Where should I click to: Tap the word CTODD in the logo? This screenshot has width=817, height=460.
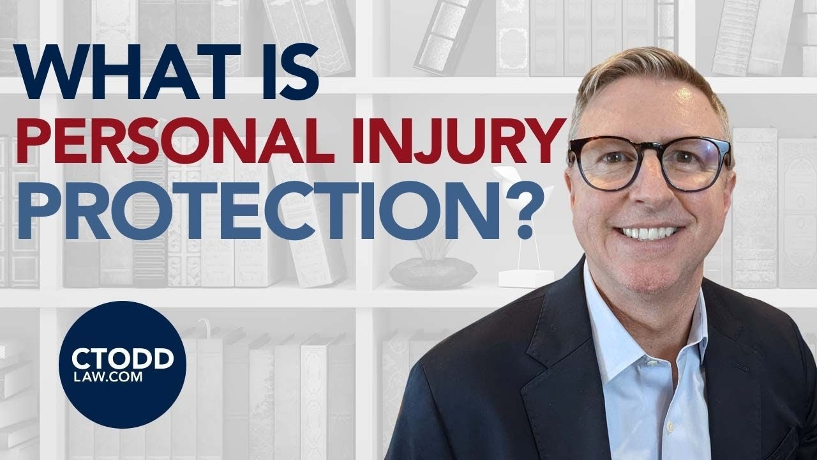122,359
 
